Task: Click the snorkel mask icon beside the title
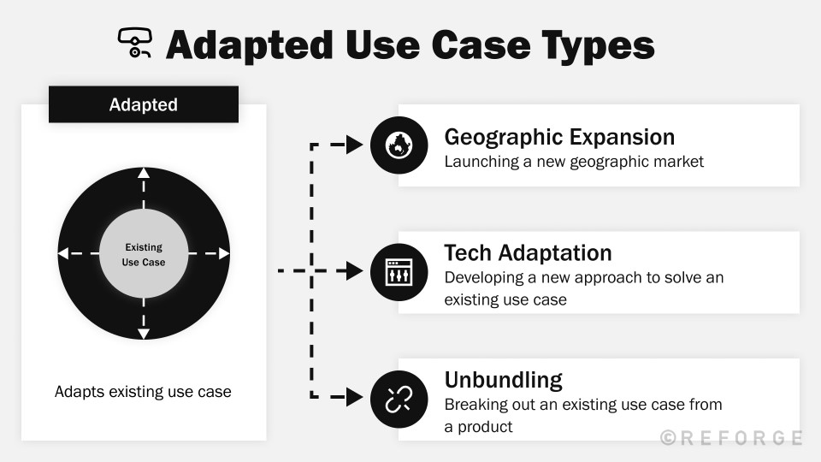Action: [134, 43]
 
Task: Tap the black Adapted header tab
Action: [144, 104]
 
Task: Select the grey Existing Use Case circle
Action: [144, 254]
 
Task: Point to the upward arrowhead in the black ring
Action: [144, 174]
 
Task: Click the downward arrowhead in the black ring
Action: [144, 334]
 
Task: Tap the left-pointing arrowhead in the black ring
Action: [63, 253]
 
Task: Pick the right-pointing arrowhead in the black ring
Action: [224, 253]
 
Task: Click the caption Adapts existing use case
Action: [143, 392]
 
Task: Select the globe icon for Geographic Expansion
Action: [399, 145]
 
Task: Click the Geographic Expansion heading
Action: [559, 137]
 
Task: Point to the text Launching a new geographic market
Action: [574, 162]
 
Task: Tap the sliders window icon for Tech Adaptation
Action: [399, 271]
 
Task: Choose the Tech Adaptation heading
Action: [528, 253]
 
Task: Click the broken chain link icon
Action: [399, 398]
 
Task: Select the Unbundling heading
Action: [503, 380]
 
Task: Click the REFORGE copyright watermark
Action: [731, 438]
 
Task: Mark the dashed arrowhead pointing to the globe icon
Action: [355, 145]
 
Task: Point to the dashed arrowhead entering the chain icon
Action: [355, 397]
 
